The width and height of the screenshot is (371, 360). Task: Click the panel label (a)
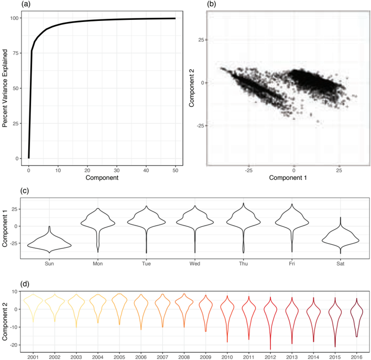[26, 4]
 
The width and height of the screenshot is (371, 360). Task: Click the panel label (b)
[211, 4]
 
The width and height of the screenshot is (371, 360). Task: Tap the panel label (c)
[25, 191]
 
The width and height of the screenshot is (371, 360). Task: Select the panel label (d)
[25, 284]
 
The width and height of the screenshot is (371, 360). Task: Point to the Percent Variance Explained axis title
[5, 88]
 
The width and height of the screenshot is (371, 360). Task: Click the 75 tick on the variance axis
[16, 53]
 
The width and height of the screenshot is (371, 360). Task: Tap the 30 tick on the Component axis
[117, 170]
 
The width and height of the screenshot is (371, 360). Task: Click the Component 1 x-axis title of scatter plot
[288, 178]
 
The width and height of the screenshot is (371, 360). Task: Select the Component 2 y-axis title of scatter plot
[191, 88]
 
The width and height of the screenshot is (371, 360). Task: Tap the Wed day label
[195, 264]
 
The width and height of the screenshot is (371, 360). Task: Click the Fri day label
[292, 264]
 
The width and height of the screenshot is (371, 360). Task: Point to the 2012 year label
[270, 357]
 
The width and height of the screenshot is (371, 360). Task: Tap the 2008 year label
[184, 357]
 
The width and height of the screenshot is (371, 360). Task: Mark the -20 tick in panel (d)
[14, 345]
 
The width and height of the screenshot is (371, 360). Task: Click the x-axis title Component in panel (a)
[102, 178]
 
